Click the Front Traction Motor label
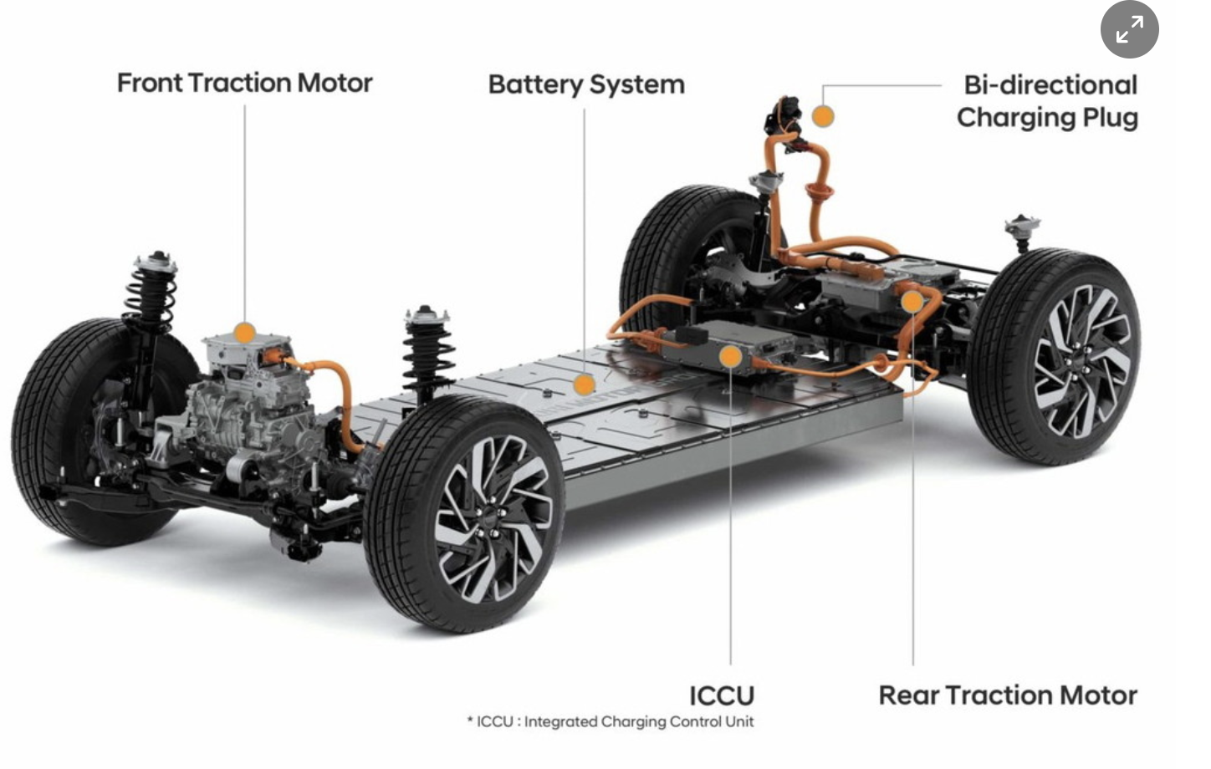coord(244,83)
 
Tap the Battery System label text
coord(585,84)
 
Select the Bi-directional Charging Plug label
coord(1048,100)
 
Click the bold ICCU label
coord(721,695)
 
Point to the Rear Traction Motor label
coord(1007,695)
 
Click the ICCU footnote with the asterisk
coord(610,721)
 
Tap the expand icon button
coord(1129,30)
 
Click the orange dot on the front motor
coord(244,333)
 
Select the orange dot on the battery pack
coord(585,384)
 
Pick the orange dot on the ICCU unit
coord(730,357)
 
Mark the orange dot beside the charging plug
coord(823,116)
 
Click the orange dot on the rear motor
coord(912,301)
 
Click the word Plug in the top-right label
coord(1110,117)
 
